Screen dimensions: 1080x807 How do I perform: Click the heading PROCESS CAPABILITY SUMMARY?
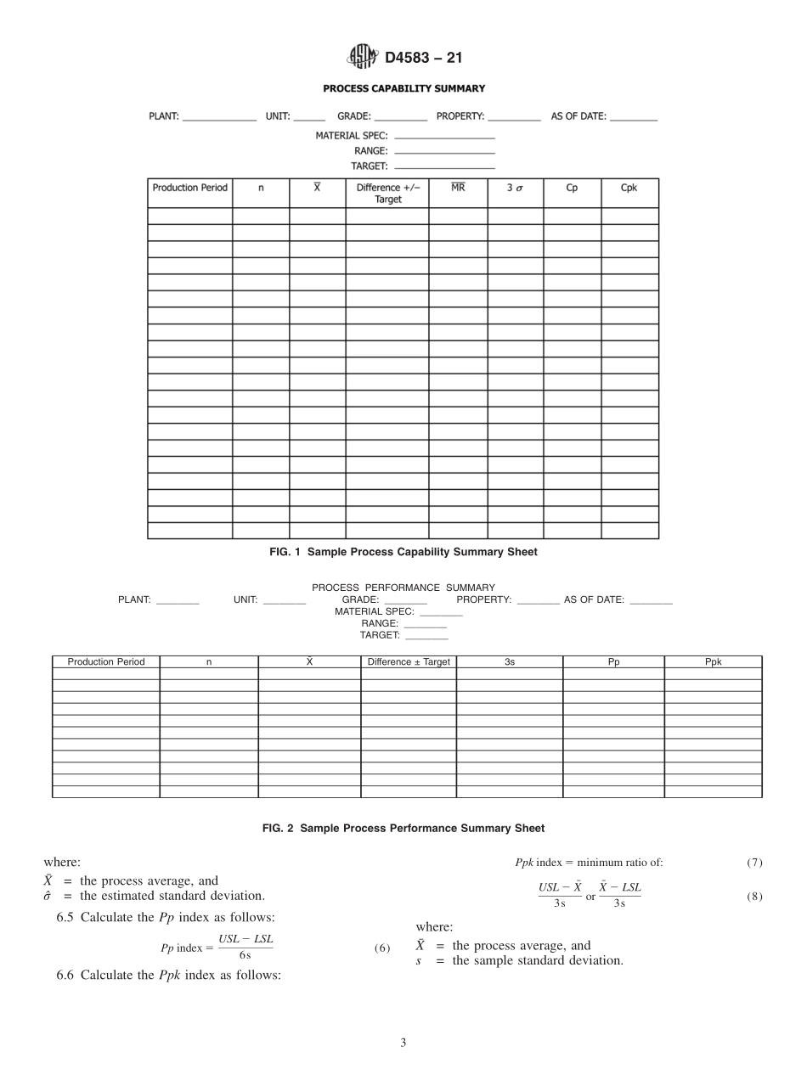(403, 88)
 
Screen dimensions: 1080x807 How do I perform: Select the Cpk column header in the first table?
(629, 188)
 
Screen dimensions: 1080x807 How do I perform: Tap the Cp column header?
(572, 188)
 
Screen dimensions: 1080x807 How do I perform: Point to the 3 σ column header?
(515, 188)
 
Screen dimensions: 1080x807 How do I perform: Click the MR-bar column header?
(458, 187)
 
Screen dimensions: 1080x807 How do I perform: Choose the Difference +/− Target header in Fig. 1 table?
(387, 194)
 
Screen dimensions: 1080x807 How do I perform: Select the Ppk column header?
(713, 662)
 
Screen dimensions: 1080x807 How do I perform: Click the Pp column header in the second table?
(613, 662)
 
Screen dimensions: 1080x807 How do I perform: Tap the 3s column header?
(509, 662)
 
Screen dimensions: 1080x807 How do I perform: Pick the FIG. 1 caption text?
(403, 552)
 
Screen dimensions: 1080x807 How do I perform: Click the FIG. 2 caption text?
(403, 828)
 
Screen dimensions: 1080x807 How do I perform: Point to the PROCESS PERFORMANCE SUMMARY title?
(403, 588)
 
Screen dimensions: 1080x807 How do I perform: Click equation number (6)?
(382, 948)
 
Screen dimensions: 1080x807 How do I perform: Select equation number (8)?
(754, 896)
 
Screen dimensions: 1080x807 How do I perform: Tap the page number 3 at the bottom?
(403, 1043)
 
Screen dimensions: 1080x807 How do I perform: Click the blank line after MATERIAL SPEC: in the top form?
(444, 137)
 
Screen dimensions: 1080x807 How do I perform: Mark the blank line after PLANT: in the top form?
(219, 120)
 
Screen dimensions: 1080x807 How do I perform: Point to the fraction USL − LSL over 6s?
(245, 948)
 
